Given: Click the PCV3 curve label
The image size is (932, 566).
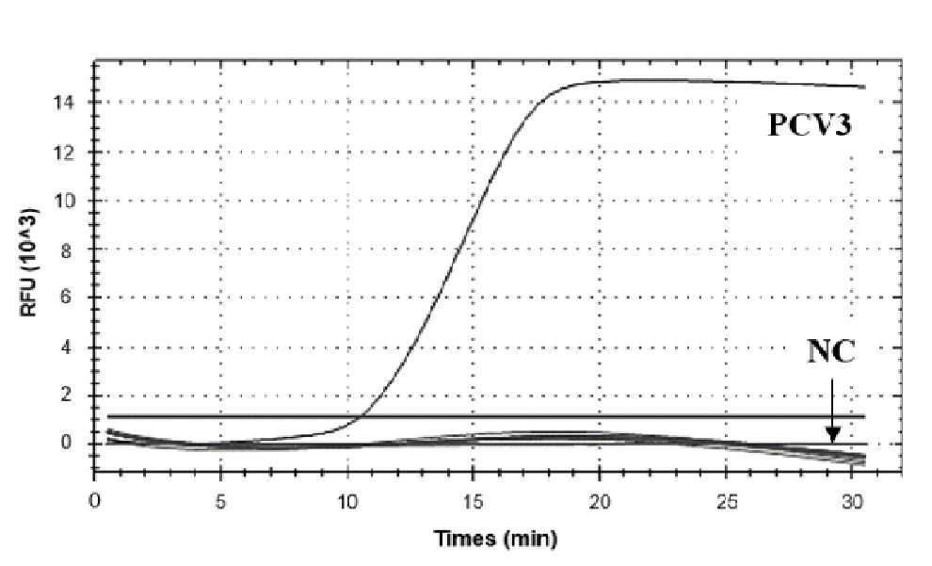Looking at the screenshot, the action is tap(811, 125).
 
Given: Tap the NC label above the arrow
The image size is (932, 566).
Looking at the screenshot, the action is tap(831, 351).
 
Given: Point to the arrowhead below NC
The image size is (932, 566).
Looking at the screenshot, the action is tap(832, 436).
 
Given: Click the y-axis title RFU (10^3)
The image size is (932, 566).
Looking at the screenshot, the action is tap(30, 262).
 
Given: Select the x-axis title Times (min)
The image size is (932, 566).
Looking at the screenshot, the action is tap(496, 539).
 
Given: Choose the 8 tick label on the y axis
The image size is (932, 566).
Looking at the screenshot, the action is tap(66, 250).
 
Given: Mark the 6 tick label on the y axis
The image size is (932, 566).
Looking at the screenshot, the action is tap(66, 298).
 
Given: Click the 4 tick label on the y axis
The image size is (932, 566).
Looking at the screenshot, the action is tap(66, 348).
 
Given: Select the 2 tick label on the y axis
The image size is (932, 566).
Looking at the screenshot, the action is tap(66, 396).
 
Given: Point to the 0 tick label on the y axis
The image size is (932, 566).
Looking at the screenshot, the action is tap(66, 444).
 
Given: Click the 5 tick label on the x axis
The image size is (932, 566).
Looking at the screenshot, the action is tap(220, 502).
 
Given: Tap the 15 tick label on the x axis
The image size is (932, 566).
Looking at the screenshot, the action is tap(474, 502).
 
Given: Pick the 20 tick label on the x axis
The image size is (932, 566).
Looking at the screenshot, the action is tap(600, 502).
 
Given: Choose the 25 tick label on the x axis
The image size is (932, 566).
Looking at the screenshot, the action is tap(727, 502).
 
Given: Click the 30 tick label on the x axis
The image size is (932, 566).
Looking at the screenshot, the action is tap(853, 502).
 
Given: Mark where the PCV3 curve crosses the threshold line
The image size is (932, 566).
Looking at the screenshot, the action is tap(361, 416).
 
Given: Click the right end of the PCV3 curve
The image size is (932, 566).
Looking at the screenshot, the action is tap(865, 87).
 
